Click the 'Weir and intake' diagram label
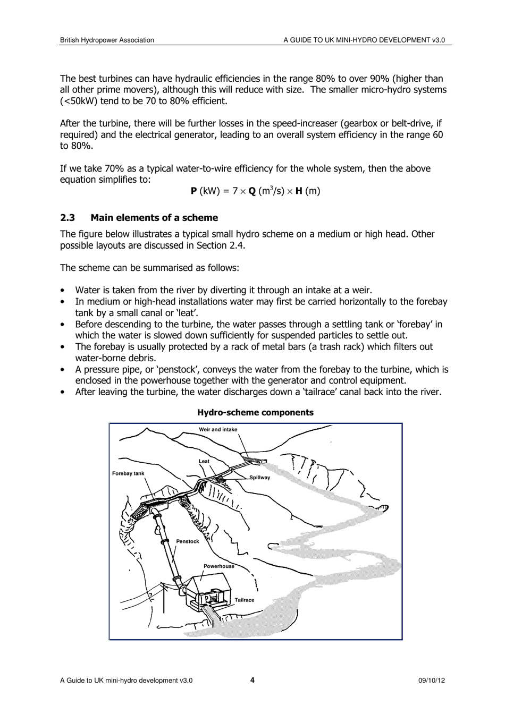[x=218, y=429]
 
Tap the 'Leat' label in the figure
[x=204, y=461]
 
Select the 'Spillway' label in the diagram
[x=260, y=478]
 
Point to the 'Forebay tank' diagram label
[x=128, y=473]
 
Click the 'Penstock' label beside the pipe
[x=188, y=541]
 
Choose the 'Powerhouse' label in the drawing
[x=219, y=566]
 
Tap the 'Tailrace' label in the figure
[x=245, y=600]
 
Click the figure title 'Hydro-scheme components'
[x=255, y=412]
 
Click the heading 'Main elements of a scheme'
[x=154, y=218]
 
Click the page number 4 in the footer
[x=252, y=680]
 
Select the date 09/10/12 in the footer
[x=432, y=681]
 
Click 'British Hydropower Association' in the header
[x=107, y=40]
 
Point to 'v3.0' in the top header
[x=438, y=40]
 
